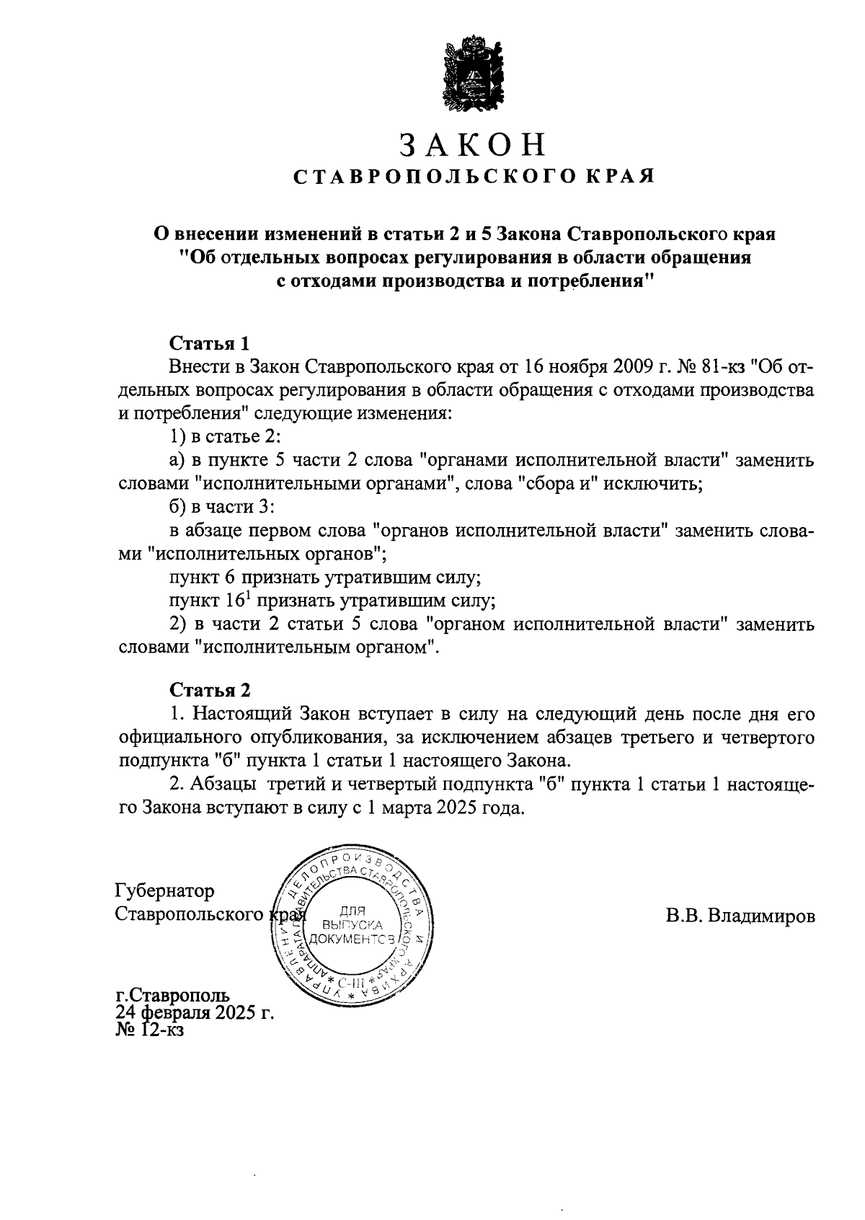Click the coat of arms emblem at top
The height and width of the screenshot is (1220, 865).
tap(473, 75)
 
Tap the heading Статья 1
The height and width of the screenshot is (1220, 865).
tap(209, 343)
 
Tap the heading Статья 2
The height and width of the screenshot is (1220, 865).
tap(210, 690)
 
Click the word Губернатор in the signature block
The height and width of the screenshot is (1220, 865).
tap(165, 891)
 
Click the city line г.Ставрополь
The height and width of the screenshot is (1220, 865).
tap(173, 996)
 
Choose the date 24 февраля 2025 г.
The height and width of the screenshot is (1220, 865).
tap(196, 1013)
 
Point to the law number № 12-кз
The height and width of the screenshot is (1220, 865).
tap(151, 1030)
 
